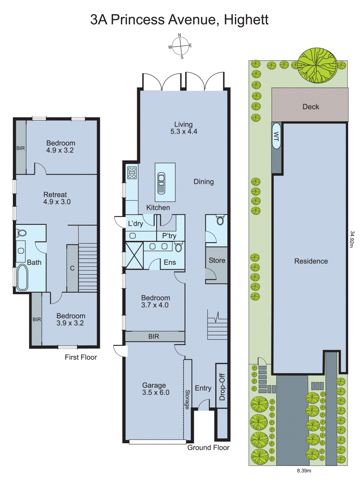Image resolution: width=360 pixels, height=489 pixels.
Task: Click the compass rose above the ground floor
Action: coord(180,46)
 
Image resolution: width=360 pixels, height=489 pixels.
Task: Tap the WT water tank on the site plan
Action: coord(276,136)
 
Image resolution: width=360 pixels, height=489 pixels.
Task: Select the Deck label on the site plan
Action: coord(311,107)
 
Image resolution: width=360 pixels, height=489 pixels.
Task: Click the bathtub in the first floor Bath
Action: coord(22,277)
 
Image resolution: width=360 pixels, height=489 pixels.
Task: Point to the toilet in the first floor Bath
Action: coord(21,233)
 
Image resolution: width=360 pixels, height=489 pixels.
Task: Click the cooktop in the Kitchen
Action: coord(132,173)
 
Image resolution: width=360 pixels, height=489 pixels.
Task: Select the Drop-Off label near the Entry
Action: coord(222,387)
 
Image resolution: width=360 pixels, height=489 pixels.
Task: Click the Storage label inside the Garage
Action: coord(187,399)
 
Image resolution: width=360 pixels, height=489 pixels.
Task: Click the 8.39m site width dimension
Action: coord(304,471)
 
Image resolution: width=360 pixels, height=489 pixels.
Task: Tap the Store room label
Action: coord(217,260)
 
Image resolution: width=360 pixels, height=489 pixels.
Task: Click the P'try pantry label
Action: coord(169,236)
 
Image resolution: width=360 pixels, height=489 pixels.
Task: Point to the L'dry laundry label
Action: coord(135,224)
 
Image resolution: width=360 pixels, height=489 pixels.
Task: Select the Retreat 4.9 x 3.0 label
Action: coord(56,198)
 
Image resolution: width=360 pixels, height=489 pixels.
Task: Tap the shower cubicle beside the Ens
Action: coord(134,256)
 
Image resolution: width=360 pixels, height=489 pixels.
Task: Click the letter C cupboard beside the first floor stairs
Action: coord(72,268)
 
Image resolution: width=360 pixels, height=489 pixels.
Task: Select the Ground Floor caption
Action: coord(208,448)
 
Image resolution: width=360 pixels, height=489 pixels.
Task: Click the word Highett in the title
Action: coord(246,20)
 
